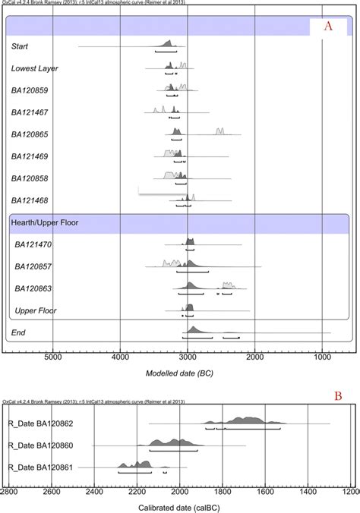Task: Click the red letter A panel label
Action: (328, 25)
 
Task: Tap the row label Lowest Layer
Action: (34, 68)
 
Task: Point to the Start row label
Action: (21, 47)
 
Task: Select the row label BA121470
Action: (35, 244)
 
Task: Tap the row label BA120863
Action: (35, 288)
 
